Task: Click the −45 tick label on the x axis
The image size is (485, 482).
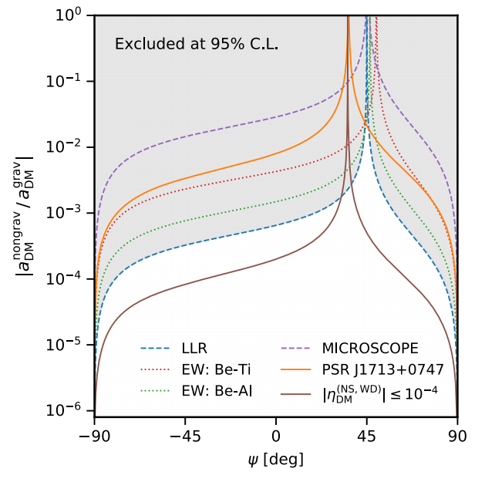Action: (185, 435)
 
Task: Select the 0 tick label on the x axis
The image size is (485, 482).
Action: (276, 435)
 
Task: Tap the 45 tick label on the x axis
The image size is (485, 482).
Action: (367, 435)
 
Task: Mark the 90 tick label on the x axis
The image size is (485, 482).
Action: (458, 435)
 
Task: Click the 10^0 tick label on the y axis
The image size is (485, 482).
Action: (73, 15)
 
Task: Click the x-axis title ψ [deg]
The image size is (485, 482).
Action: (275, 459)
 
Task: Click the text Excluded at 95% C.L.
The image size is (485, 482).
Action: (197, 44)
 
